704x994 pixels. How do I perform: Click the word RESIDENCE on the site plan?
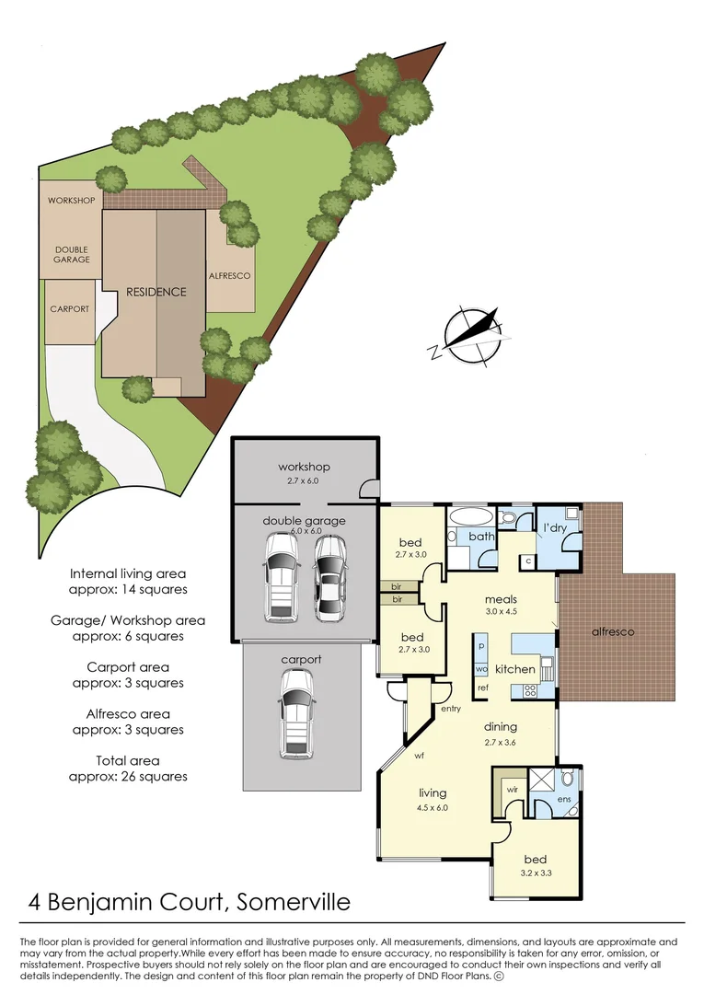pos(156,292)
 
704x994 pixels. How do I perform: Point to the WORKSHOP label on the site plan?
pos(72,201)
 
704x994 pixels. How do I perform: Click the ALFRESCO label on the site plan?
pos(230,275)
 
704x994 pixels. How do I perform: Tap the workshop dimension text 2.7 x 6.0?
pos(304,480)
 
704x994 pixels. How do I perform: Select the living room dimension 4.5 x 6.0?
pos(433,808)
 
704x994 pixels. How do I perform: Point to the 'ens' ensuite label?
pos(564,799)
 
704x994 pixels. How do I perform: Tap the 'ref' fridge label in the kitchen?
pos(482,688)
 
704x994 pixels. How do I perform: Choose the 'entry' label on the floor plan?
pos(451,709)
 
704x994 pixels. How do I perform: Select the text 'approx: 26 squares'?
pos(128,776)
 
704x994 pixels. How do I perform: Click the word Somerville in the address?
pos(293,901)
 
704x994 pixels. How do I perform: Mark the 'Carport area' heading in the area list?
pos(128,667)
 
